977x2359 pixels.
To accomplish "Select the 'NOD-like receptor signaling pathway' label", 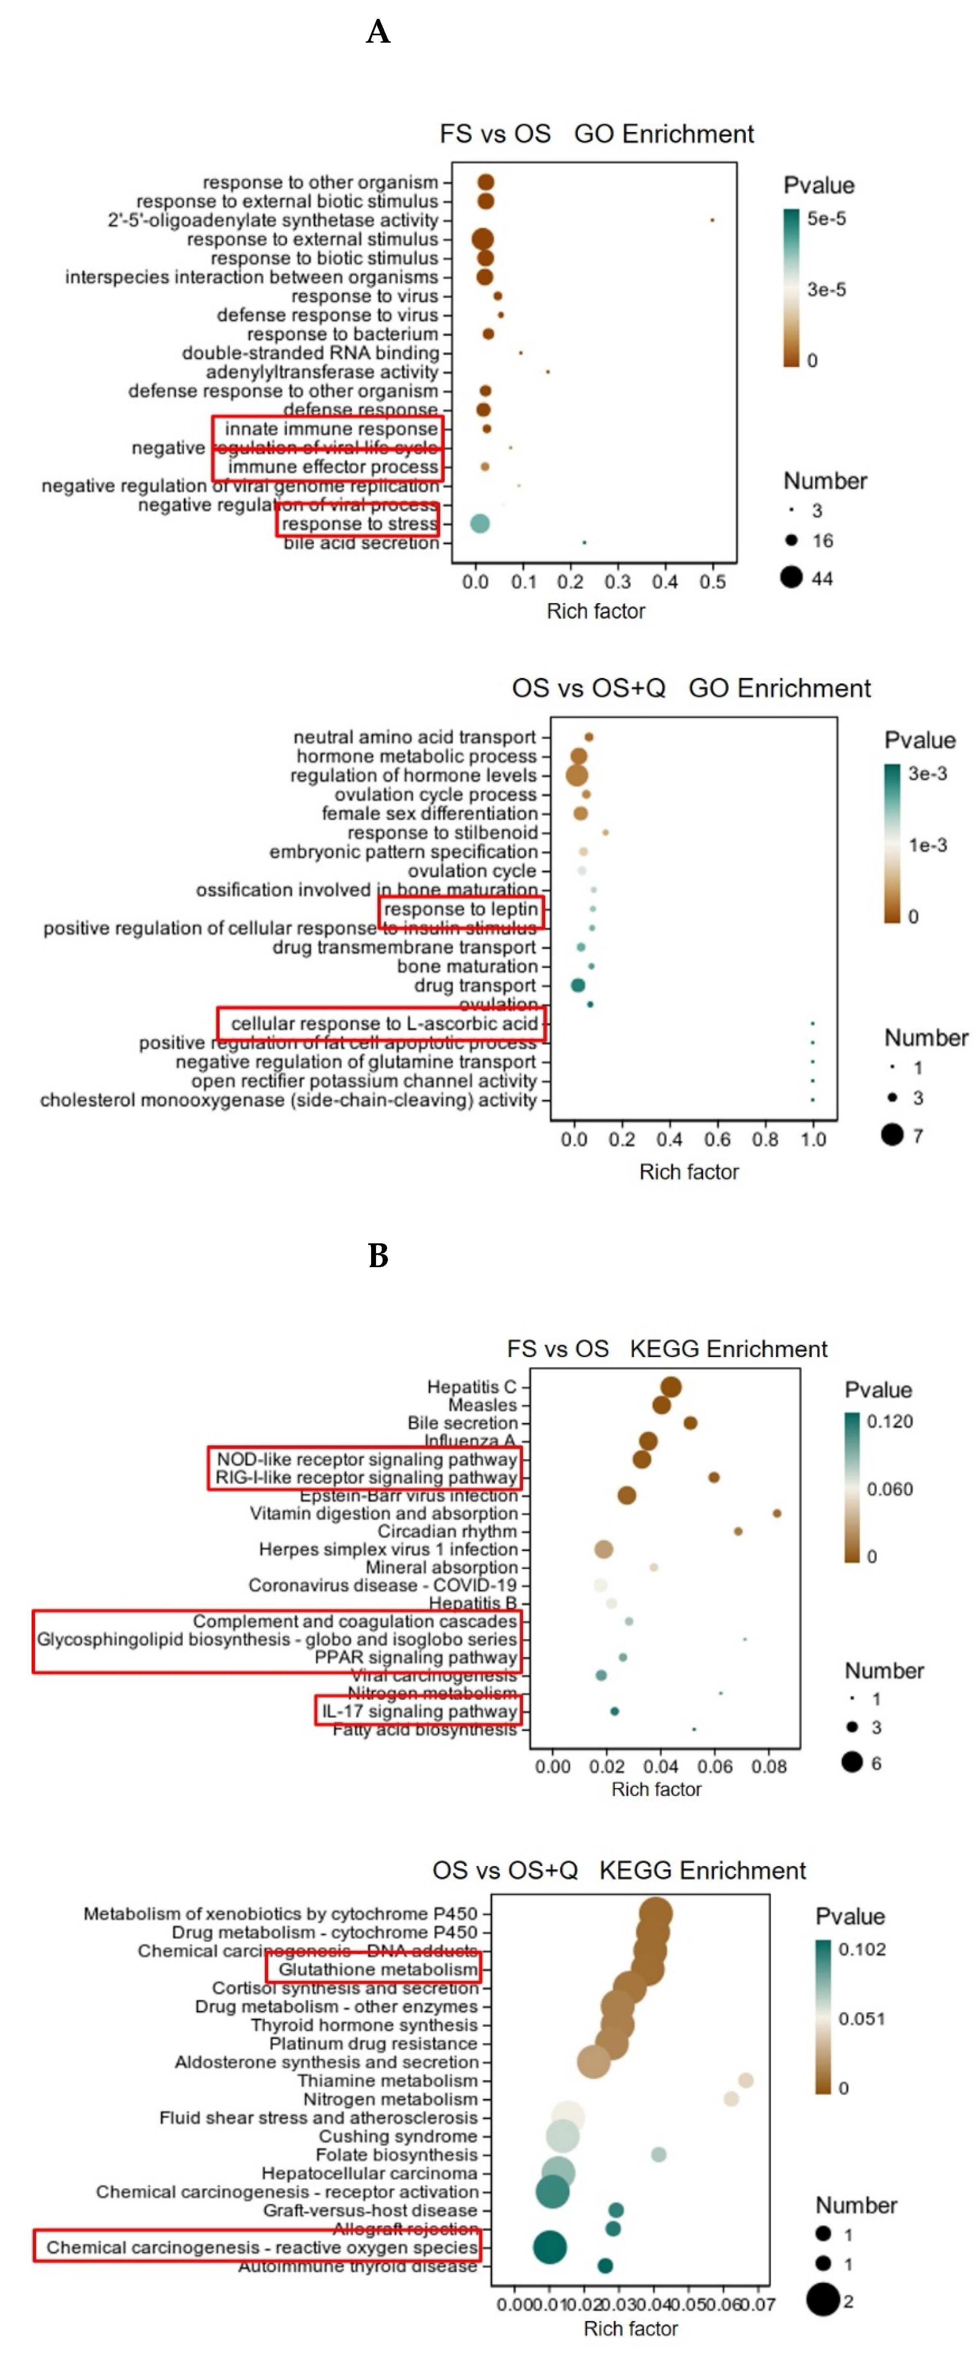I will tap(366, 1459).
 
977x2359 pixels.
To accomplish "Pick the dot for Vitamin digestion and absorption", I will tap(777, 1513).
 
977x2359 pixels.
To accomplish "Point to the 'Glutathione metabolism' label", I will tap(377, 1969).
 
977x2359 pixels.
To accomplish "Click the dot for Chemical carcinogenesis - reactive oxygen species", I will tap(549, 2247).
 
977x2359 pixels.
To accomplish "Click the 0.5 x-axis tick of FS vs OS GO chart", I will tap(712, 582).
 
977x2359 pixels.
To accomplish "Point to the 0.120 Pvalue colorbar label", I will tap(889, 1421).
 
